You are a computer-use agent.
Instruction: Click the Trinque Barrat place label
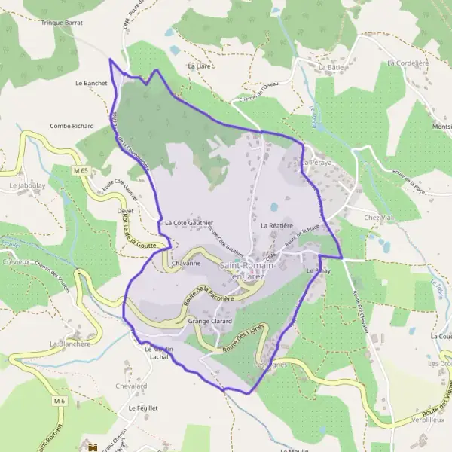click(x=63, y=23)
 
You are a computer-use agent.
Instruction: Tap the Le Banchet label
click(x=90, y=82)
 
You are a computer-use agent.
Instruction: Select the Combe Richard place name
click(x=72, y=126)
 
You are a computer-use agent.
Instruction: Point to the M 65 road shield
click(x=81, y=171)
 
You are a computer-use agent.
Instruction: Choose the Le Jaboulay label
click(x=24, y=185)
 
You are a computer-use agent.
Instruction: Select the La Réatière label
click(x=276, y=225)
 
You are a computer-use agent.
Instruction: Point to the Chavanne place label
click(x=186, y=264)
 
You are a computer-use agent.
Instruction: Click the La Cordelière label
click(x=408, y=63)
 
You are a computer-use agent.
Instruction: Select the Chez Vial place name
click(x=379, y=218)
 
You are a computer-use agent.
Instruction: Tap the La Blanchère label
click(x=70, y=344)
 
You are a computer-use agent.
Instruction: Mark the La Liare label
click(x=200, y=66)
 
